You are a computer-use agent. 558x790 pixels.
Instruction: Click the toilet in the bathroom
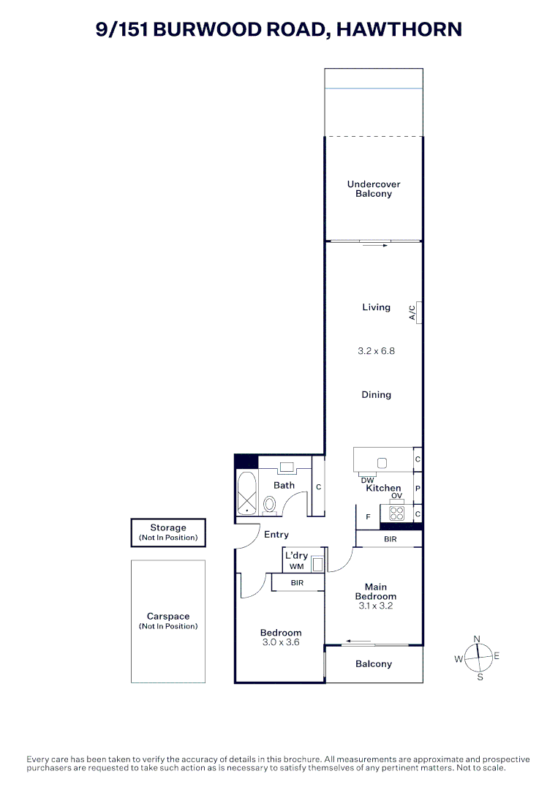[269, 504]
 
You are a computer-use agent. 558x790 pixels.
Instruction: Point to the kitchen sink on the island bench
[381, 463]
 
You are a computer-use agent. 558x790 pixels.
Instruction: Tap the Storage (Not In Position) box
[168, 532]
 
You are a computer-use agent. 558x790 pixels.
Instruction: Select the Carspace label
[168, 617]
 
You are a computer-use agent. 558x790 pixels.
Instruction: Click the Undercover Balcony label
[374, 189]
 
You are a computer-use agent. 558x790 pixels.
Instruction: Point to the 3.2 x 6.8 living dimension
[377, 351]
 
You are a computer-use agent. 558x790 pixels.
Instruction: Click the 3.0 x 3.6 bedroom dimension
[281, 642]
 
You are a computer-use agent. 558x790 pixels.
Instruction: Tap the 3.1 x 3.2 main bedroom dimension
[376, 606]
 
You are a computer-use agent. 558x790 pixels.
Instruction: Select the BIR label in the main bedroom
[390, 539]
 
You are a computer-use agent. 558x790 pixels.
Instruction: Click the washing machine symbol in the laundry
[317, 565]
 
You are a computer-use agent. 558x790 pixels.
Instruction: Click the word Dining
[377, 395]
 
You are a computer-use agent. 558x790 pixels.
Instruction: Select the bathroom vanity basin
[286, 466]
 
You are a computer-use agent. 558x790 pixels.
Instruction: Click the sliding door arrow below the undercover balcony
[374, 246]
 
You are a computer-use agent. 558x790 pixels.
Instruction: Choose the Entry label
[276, 535]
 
